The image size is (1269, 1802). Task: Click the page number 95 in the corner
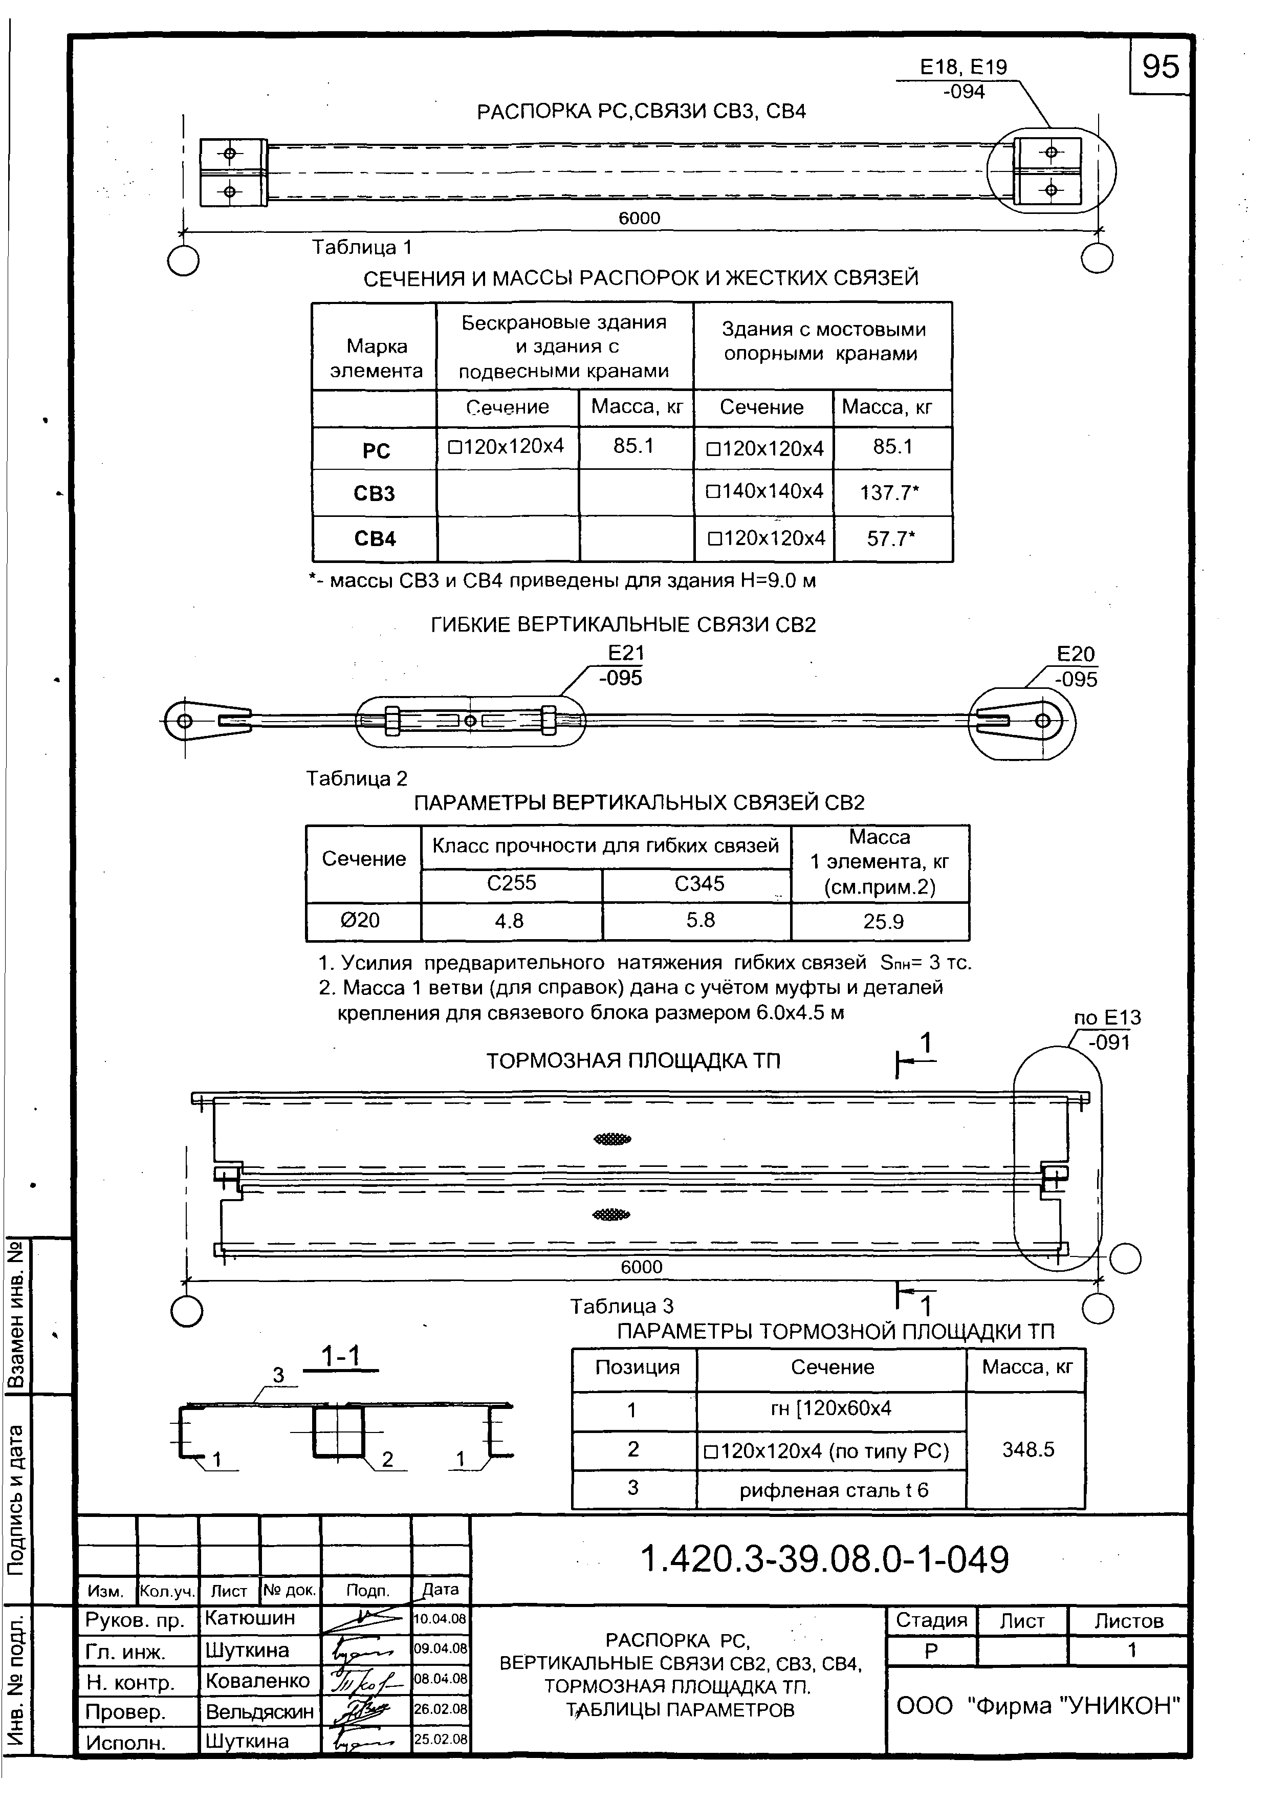(1160, 67)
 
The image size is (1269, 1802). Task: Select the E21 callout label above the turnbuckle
(625, 653)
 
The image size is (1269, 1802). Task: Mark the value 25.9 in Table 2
(883, 921)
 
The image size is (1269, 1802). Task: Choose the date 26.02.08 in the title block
(440, 1709)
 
